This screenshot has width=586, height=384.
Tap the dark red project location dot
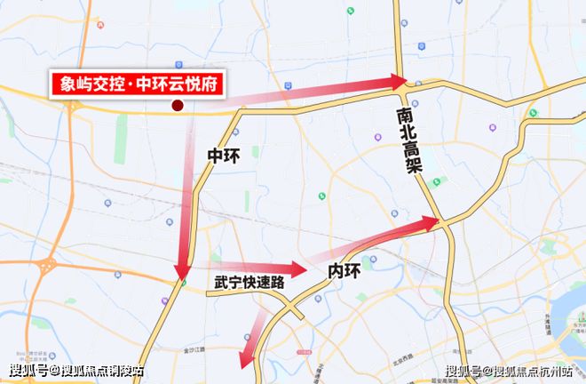177,106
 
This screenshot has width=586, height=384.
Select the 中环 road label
224,155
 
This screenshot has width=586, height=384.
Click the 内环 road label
344,269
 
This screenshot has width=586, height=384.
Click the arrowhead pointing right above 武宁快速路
297,267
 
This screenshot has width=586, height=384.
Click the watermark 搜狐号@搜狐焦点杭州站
510,372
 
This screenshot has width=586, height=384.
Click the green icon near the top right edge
534,114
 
